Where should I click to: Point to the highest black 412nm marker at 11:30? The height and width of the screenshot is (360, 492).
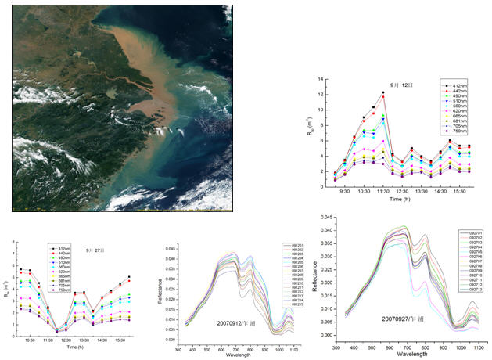(x=383, y=93)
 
